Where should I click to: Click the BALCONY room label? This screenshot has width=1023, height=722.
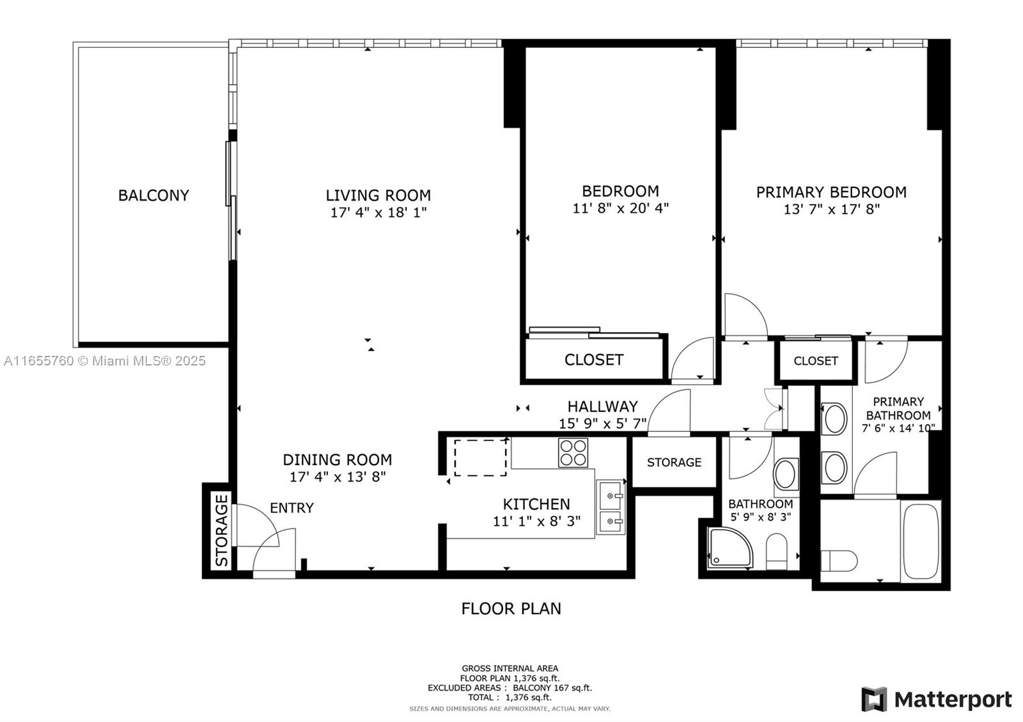(x=153, y=196)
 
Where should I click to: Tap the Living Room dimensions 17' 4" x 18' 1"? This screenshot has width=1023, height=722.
(x=378, y=213)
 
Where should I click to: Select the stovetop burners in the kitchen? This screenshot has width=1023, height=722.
(x=573, y=452)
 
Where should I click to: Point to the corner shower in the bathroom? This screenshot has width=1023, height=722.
(x=729, y=548)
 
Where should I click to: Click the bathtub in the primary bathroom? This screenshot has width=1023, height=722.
(x=920, y=542)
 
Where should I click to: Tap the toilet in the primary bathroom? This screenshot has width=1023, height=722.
(x=838, y=561)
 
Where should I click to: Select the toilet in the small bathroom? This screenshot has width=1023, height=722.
(x=777, y=551)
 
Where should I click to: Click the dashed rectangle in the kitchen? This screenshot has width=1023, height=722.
(x=480, y=457)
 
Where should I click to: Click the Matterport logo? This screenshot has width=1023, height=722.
(x=937, y=700)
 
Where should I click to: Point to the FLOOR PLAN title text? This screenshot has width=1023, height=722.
(x=511, y=608)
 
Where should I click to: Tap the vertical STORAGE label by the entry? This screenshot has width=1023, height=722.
(x=221, y=530)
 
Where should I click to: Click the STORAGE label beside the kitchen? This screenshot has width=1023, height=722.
(x=674, y=462)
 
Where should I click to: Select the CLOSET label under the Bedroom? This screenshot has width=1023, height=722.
(x=593, y=360)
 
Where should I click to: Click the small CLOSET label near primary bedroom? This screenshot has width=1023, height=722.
(x=815, y=361)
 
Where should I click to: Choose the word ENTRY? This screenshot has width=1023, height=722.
(x=292, y=508)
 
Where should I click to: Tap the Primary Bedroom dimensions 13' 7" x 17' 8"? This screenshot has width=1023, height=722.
(x=831, y=209)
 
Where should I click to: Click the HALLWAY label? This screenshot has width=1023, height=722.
(x=602, y=406)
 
